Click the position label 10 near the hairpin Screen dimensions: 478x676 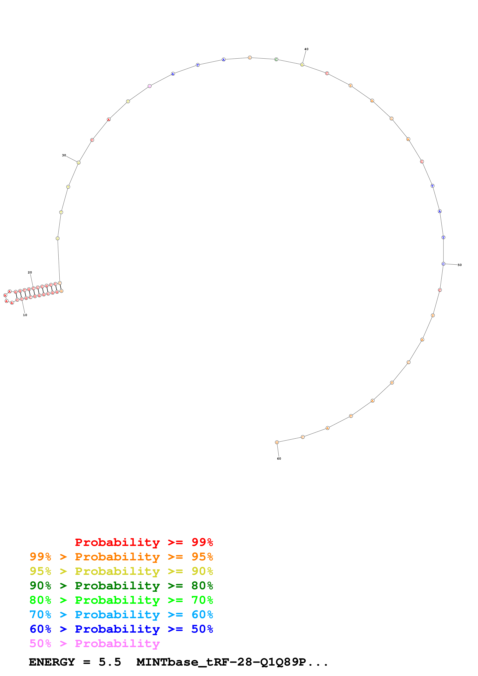point(25,315)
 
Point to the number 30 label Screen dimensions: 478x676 point(64,155)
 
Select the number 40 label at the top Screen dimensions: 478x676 point(306,49)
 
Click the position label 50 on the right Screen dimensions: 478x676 point(459,265)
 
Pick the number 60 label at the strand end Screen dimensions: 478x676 point(279,458)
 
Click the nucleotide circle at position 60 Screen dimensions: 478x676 point(277,442)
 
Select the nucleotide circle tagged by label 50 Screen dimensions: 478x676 point(443,264)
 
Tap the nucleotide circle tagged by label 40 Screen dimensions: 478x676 point(302,65)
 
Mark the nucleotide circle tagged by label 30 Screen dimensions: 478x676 point(79,162)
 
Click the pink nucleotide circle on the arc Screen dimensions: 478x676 point(150,86)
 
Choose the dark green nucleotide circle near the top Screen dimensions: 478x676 point(276,60)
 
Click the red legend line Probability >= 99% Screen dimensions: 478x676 point(144,542)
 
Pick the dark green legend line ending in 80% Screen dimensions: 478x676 point(121,586)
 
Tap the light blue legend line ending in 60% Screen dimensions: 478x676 point(121,615)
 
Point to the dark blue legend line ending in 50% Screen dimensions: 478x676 point(121,629)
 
